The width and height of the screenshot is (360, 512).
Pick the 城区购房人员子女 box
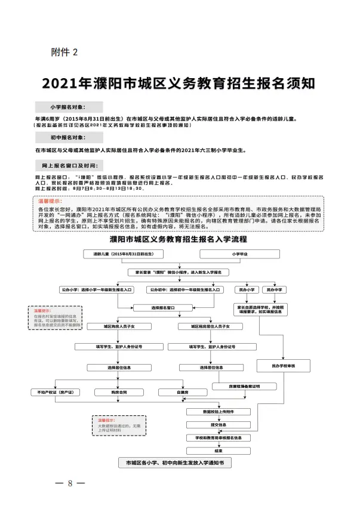pos(111,326)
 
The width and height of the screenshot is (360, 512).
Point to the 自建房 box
pos(183,392)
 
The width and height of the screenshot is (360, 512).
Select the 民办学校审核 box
pos(284,364)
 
